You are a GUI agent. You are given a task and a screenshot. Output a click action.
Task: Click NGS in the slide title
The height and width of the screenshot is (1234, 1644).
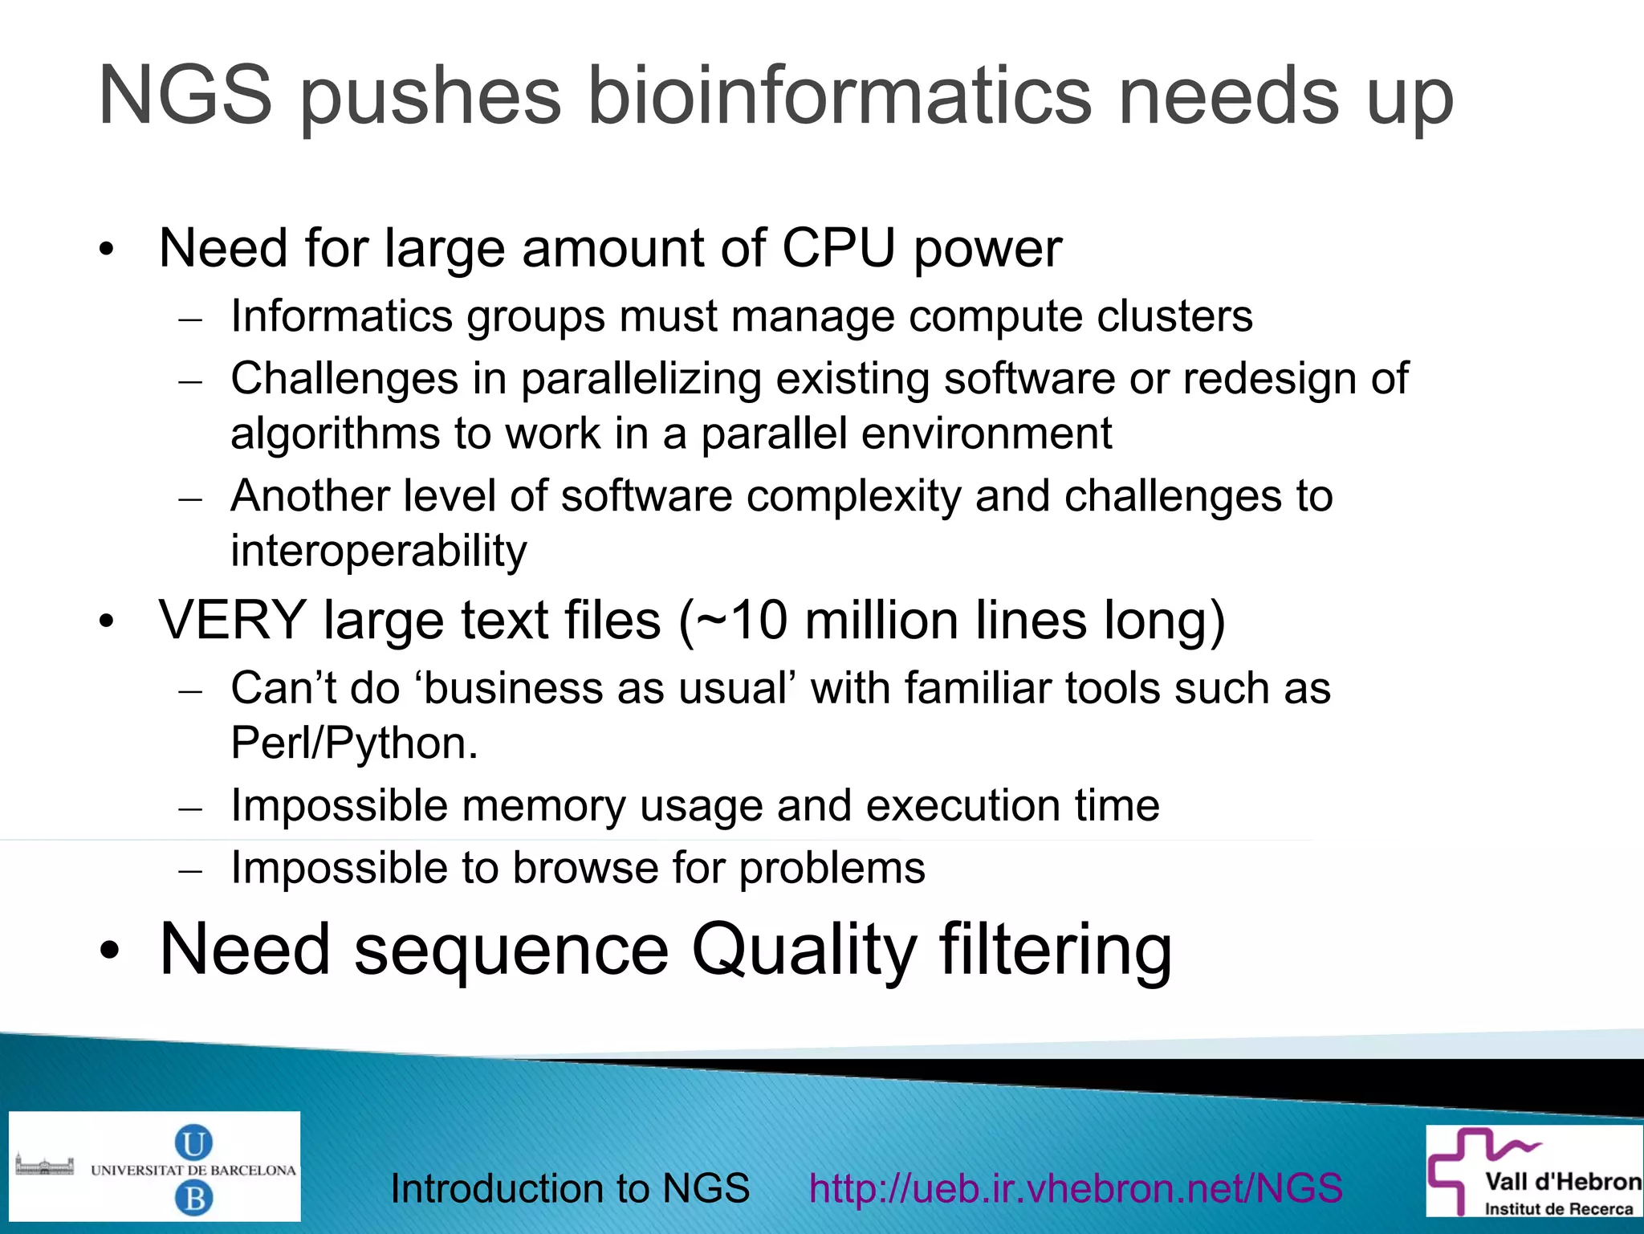pyautogui.click(x=185, y=96)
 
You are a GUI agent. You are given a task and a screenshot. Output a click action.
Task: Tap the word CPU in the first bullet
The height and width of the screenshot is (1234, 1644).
pyautogui.click(x=838, y=248)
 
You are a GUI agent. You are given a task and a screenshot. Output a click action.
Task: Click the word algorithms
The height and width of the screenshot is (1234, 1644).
pyautogui.click(x=335, y=434)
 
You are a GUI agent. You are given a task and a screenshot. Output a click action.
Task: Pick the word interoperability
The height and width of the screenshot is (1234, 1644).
pyautogui.click(x=379, y=551)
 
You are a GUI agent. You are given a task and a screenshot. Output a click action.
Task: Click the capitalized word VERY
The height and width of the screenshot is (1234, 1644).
pyautogui.click(x=233, y=621)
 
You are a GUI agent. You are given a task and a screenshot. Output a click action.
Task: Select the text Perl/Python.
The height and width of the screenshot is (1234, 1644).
pyautogui.click(x=353, y=743)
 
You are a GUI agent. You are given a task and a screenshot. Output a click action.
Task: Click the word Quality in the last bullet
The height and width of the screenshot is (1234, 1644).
pyautogui.click(x=804, y=950)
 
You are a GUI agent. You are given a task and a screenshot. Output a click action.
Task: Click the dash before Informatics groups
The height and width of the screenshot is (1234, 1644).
pyautogui.click(x=190, y=320)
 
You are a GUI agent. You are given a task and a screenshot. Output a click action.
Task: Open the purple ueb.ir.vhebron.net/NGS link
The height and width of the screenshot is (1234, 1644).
pyautogui.click(x=1076, y=1188)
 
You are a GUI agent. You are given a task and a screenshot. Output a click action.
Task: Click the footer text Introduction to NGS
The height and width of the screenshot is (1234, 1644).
pyautogui.click(x=570, y=1188)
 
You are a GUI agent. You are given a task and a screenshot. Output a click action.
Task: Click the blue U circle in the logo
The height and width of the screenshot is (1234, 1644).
pyautogui.click(x=193, y=1142)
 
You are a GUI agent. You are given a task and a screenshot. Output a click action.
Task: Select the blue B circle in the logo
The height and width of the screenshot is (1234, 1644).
pyautogui.click(x=193, y=1199)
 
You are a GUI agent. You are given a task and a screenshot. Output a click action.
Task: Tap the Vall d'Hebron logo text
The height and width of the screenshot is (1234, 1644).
pyautogui.click(x=1561, y=1182)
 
